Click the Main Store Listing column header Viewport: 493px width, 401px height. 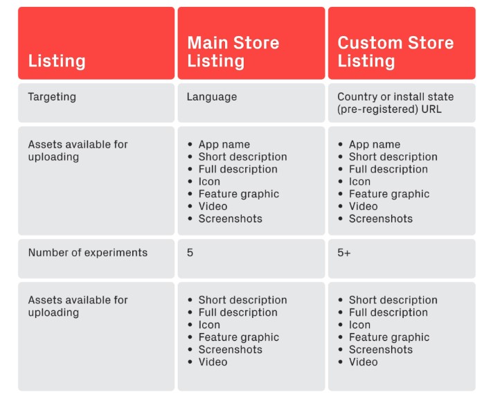click(x=233, y=51)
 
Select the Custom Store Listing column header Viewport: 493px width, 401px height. click(x=395, y=51)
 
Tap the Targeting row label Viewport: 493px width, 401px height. click(x=52, y=97)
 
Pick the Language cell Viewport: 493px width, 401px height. click(x=212, y=97)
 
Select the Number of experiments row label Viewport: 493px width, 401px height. click(x=88, y=253)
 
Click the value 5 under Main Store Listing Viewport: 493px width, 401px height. click(x=190, y=253)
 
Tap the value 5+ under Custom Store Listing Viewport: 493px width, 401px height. click(x=343, y=253)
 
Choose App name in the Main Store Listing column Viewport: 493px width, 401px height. click(x=224, y=144)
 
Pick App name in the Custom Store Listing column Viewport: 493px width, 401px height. click(x=375, y=144)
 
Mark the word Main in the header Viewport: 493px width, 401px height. click(x=208, y=43)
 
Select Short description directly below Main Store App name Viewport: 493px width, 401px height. click(x=243, y=157)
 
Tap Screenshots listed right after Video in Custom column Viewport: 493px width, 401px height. click(x=381, y=219)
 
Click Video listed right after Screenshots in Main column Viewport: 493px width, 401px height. click(x=213, y=362)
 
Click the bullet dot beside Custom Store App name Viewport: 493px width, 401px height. click(x=340, y=144)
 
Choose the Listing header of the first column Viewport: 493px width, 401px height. click(x=57, y=61)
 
